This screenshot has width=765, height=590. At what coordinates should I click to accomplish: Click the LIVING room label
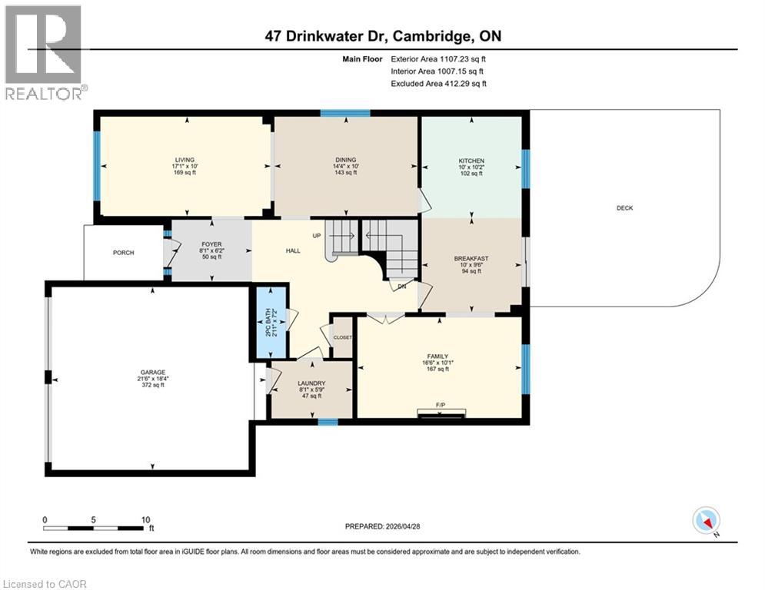click(x=184, y=161)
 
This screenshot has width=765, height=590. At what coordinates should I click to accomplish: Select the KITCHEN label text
click(x=471, y=161)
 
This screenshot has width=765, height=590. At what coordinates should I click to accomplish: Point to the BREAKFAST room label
click(x=471, y=258)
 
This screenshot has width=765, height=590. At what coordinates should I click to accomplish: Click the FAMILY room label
click(x=437, y=356)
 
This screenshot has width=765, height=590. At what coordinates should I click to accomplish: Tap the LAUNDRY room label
click(x=311, y=383)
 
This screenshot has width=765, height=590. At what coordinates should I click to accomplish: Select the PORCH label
click(x=123, y=253)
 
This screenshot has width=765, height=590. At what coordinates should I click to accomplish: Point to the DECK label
click(x=624, y=208)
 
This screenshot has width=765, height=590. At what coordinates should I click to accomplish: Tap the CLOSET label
click(x=342, y=337)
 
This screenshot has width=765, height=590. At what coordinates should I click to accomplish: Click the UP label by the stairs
click(x=316, y=235)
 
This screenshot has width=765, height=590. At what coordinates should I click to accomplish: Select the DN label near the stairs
click(x=401, y=287)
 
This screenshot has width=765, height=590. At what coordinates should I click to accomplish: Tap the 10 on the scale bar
click(x=146, y=519)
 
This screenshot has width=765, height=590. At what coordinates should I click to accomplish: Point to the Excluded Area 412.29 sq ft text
click(x=438, y=84)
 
